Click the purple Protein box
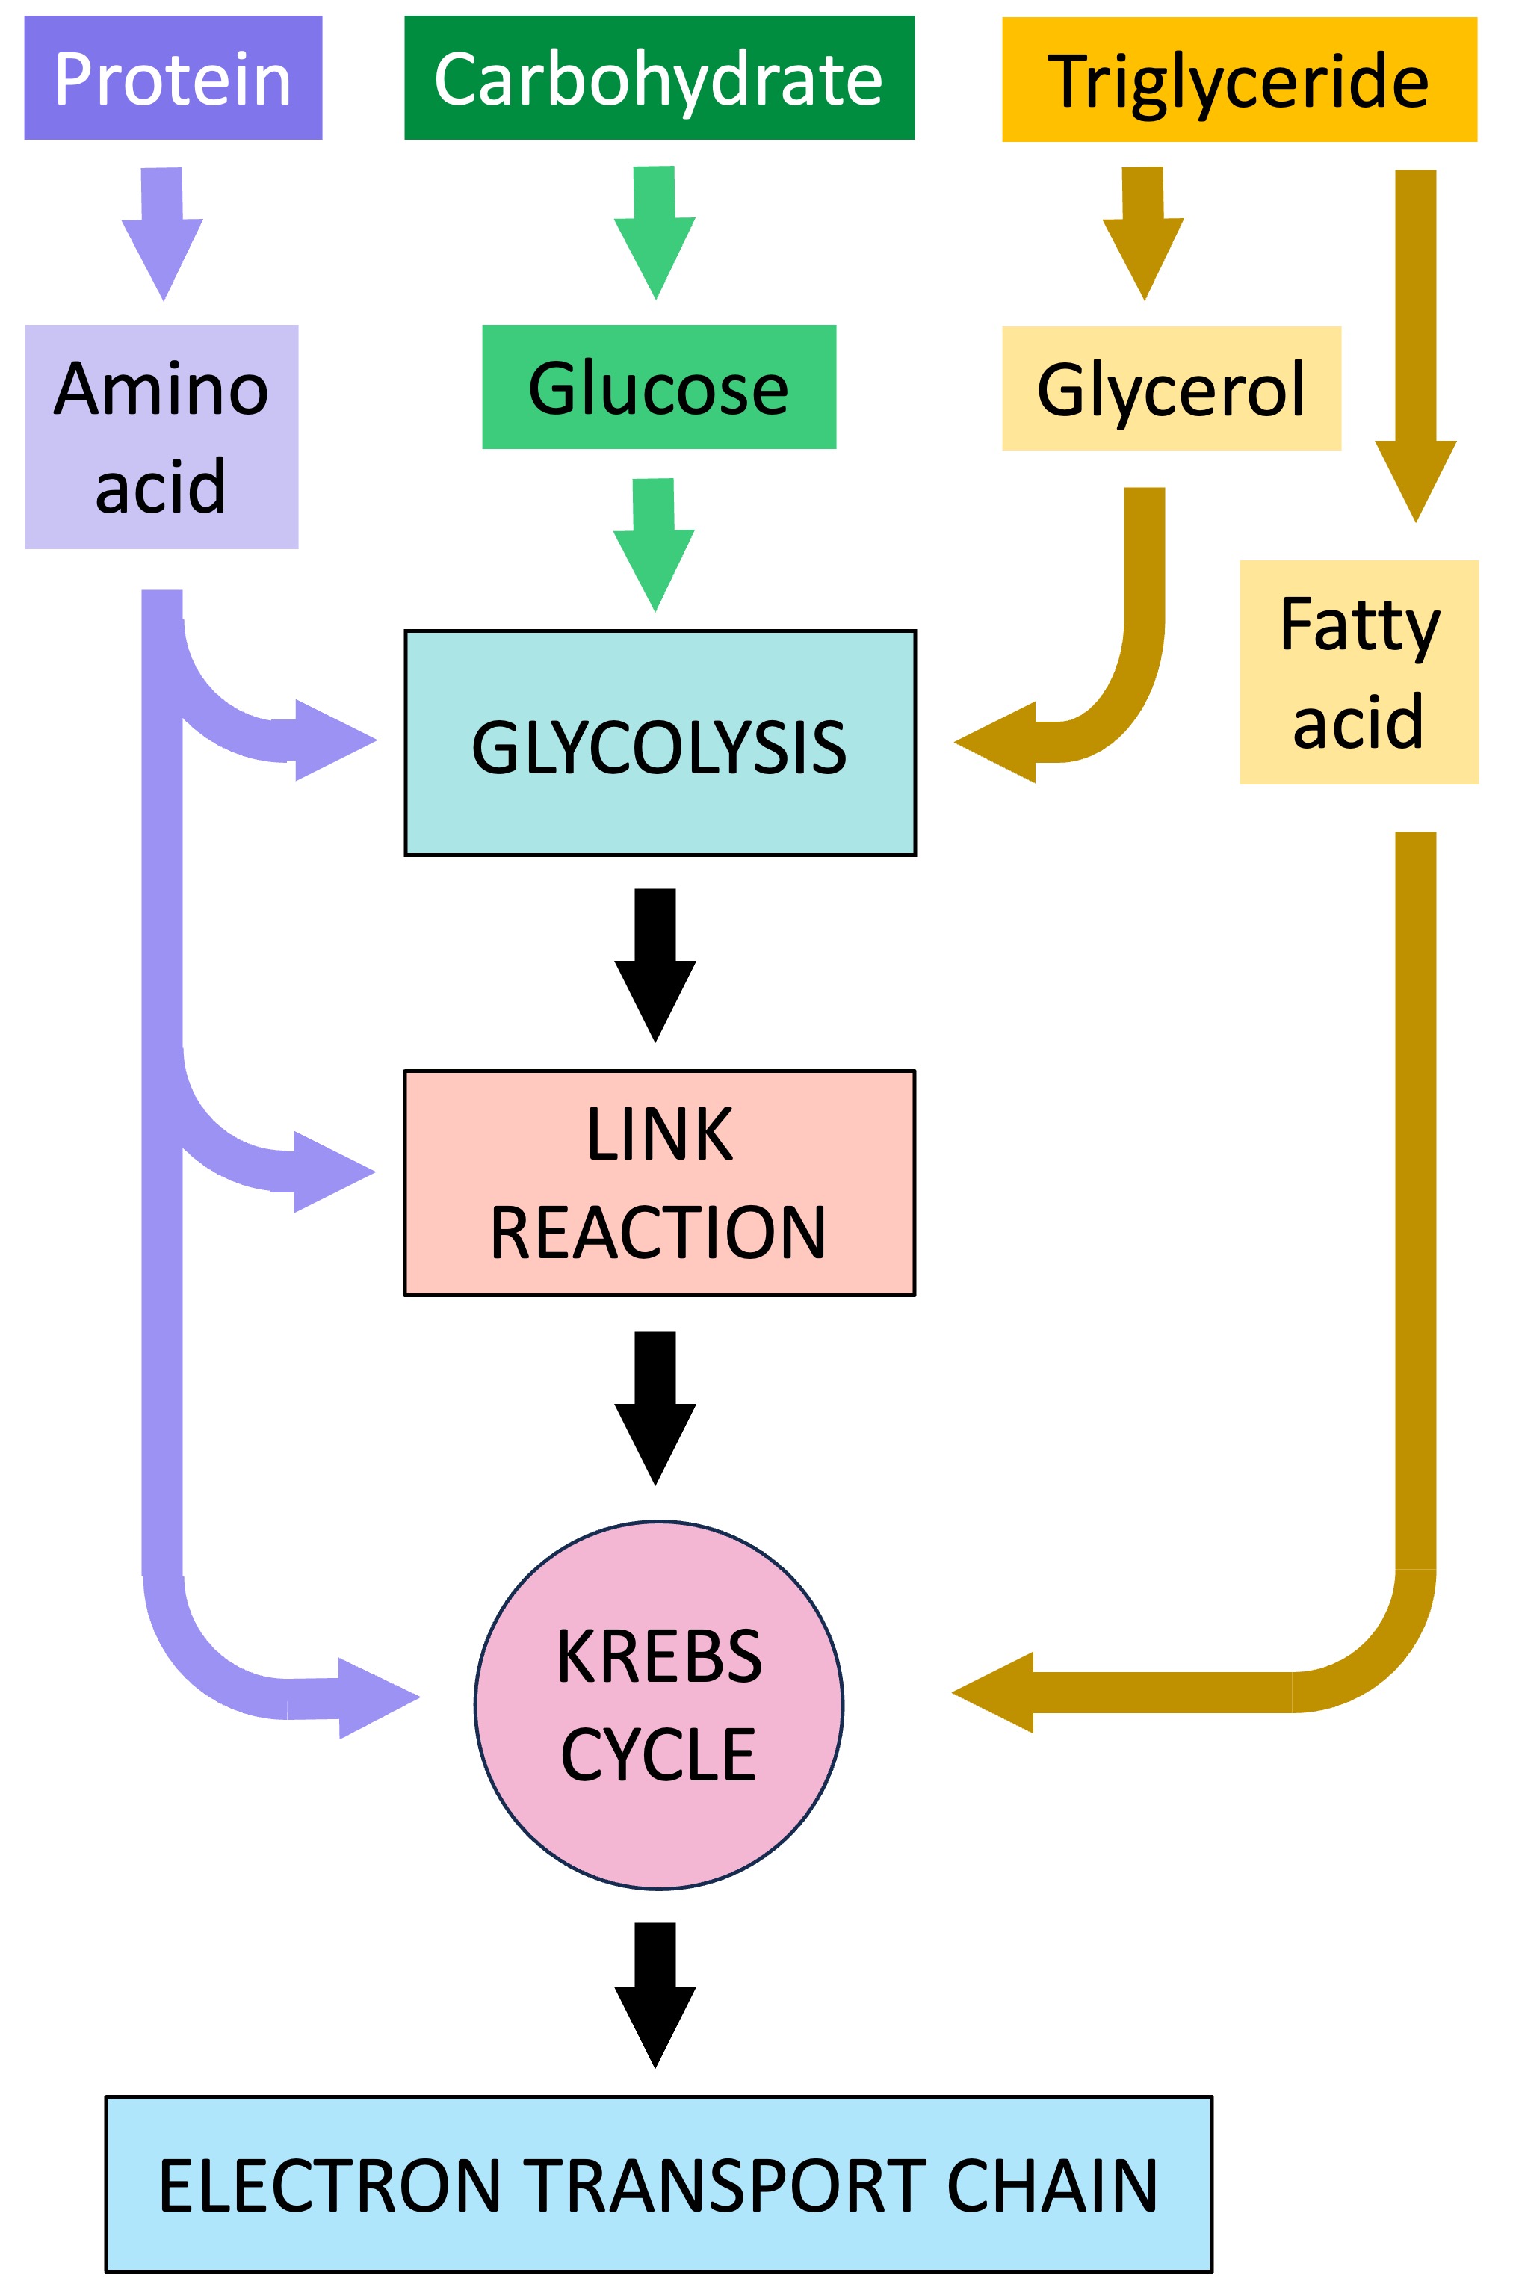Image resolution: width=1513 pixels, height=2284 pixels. (x=173, y=78)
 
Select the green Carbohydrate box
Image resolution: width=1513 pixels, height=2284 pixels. (x=659, y=78)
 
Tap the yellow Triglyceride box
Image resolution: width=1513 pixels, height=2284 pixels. (x=1239, y=79)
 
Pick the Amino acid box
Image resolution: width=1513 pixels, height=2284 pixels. (x=161, y=436)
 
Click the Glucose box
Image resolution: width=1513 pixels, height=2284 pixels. (x=659, y=387)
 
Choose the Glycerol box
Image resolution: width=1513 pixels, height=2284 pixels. (x=1172, y=388)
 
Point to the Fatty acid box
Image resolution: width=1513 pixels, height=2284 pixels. (x=1358, y=672)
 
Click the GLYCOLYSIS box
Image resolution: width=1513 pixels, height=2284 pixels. (x=660, y=743)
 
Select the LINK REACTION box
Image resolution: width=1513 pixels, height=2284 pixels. (x=660, y=1182)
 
